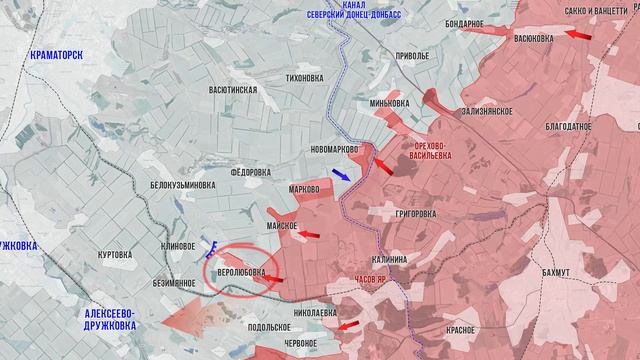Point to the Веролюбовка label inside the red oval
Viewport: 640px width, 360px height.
[x=237, y=271]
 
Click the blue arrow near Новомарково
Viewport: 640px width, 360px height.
[x=341, y=175]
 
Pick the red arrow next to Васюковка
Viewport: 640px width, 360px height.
[x=577, y=34]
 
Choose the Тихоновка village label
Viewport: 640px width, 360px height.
[x=304, y=77]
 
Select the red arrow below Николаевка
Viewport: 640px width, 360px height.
[x=349, y=326]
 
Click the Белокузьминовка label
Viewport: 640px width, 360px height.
[x=181, y=184]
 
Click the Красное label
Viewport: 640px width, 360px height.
[x=432, y=329]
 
